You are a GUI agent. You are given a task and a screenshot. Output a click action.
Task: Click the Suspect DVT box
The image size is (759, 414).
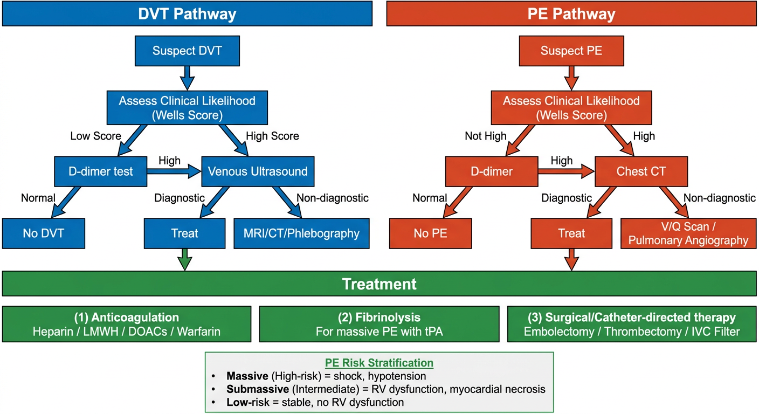click(x=187, y=51)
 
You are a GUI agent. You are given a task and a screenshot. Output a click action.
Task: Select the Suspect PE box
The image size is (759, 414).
click(x=571, y=51)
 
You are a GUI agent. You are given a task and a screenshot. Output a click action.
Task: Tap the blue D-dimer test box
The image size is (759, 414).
click(x=101, y=171)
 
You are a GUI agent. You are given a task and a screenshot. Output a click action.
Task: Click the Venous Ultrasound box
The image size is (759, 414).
click(x=258, y=171)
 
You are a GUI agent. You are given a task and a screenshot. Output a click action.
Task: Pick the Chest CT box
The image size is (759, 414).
click(x=641, y=171)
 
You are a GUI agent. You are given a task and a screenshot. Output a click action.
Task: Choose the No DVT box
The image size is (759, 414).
click(x=44, y=233)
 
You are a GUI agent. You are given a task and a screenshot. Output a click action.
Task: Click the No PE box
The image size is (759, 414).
click(x=430, y=233)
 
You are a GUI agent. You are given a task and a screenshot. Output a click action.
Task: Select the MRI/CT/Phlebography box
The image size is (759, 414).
click(x=301, y=233)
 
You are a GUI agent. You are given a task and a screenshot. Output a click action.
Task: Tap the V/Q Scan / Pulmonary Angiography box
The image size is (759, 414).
click(x=688, y=233)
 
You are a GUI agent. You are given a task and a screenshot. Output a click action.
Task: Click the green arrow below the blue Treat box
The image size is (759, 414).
click(x=185, y=259)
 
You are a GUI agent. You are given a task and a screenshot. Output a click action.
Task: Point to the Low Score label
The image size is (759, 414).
click(x=95, y=136)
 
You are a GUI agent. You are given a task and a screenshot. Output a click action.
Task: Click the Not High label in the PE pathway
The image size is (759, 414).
click(x=486, y=136)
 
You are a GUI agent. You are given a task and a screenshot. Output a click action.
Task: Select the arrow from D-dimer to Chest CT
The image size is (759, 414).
click(x=567, y=171)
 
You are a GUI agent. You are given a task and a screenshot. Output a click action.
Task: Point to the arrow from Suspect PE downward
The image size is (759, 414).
click(x=571, y=78)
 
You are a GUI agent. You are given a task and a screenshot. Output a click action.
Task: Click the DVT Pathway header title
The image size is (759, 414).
click(x=187, y=14)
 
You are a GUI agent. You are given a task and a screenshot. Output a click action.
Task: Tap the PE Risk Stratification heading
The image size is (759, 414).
click(x=379, y=363)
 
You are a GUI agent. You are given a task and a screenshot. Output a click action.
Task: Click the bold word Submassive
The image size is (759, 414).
click(x=258, y=389)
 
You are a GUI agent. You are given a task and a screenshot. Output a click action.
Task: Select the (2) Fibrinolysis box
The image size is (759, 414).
click(x=379, y=324)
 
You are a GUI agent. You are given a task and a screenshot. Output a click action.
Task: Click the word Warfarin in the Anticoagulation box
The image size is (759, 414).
click(x=198, y=332)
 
